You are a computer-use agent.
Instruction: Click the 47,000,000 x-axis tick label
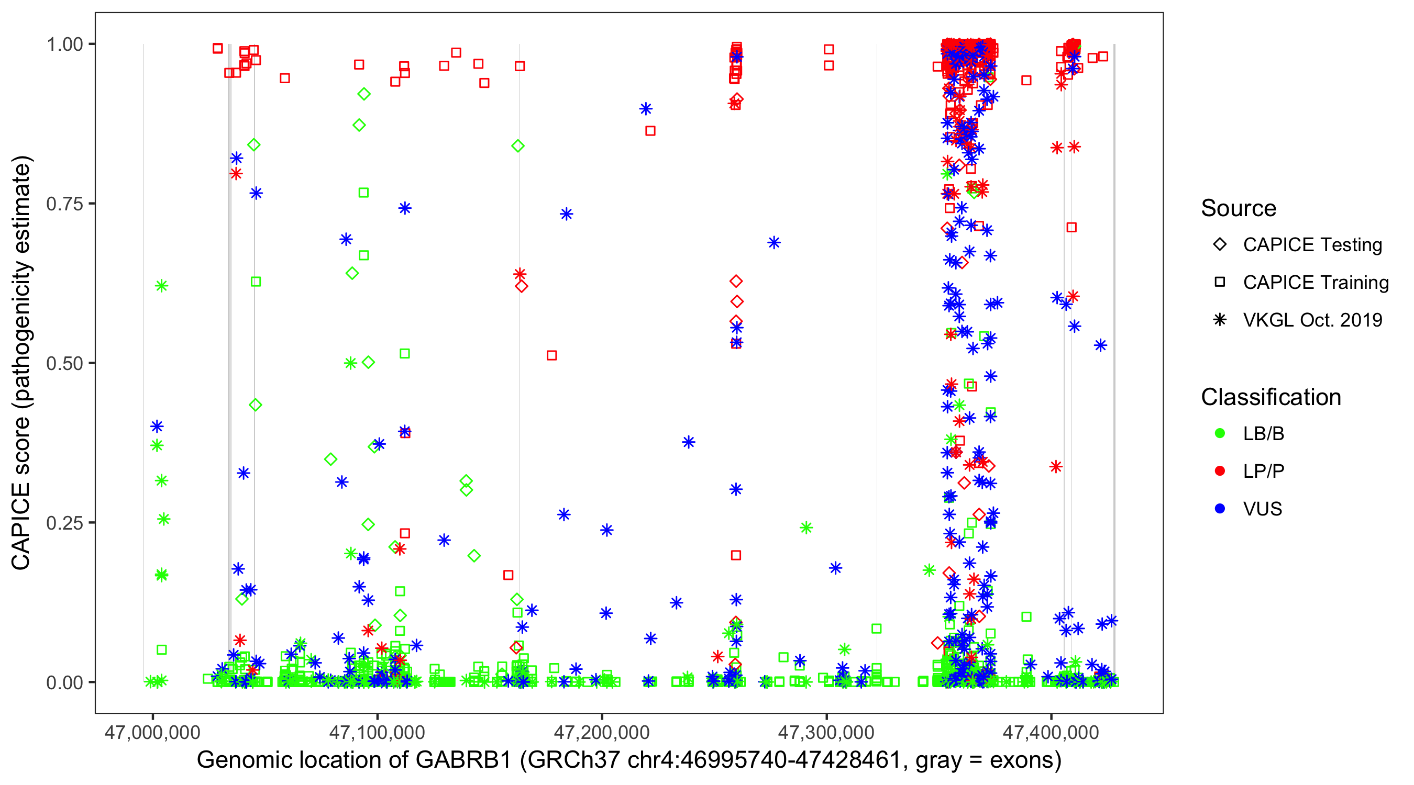coord(152,732)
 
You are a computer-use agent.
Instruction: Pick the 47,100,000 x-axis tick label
coord(377,732)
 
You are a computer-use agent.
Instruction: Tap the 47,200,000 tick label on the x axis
coord(602,732)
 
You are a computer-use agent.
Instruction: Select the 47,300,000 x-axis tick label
coord(826,732)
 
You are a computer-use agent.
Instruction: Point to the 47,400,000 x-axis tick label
coord(1051,732)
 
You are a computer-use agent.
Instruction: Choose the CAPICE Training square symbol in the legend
coord(1220,282)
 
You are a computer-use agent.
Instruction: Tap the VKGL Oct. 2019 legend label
coord(1312,320)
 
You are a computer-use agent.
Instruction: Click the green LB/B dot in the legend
coord(1220,433)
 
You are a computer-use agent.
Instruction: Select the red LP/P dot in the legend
coord(1220,471)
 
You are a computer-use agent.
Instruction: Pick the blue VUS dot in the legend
coord(1220,509)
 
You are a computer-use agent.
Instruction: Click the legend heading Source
coord(1239,208)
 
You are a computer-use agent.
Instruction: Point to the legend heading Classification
coord(1271,397)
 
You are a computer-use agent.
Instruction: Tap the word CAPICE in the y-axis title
coord(21,526)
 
